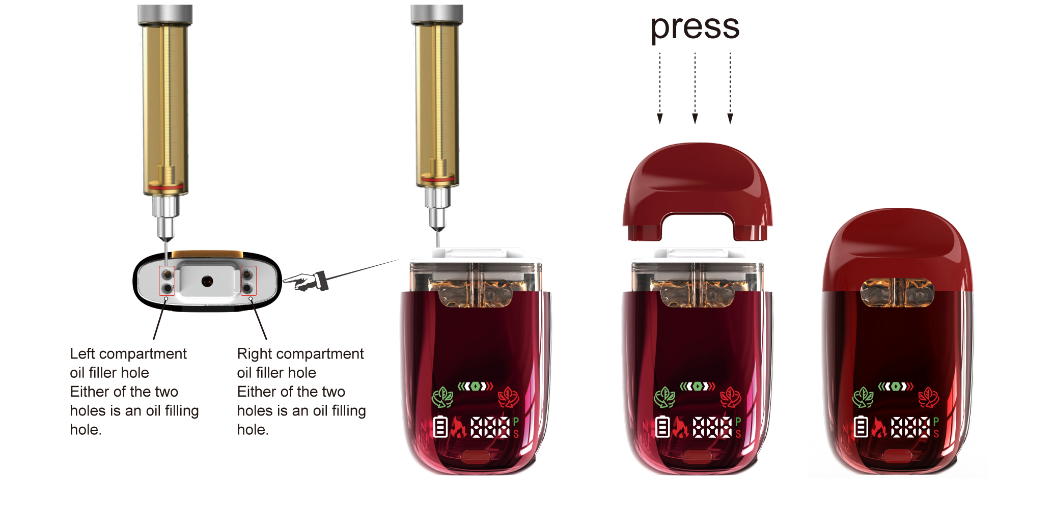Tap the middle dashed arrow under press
tap(695, 88)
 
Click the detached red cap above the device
tap(698, 191)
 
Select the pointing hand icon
tap(306, 281)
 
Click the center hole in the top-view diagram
tap(207, 281)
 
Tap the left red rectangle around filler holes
tap(167, 281)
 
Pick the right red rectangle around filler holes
tap(248, 281)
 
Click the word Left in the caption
tap(82, 353)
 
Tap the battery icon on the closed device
tap(861, 427)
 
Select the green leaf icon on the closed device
tap(864, 398)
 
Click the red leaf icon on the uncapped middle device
tap(730, 398)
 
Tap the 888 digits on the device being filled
tap(490, 427)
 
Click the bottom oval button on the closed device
tap(897, 456)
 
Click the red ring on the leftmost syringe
tap(165, 187)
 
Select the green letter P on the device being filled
tap(516, 422)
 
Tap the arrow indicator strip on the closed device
tap(896, 386)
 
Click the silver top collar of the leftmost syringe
tap(165, 15)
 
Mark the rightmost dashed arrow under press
tap(730, 88)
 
